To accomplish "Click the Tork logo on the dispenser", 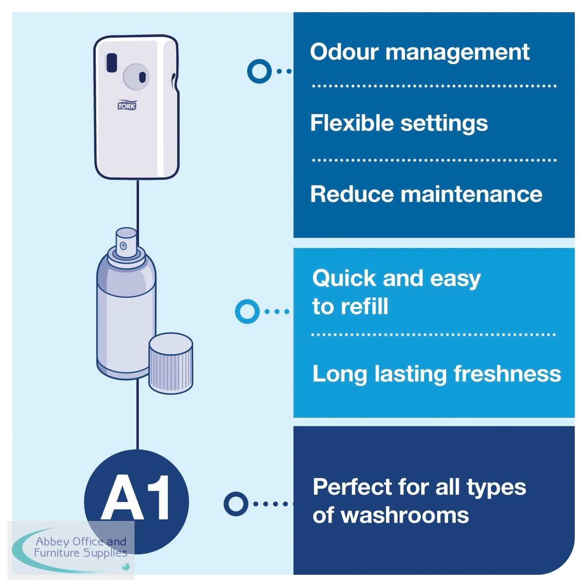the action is click(x=127, y=105).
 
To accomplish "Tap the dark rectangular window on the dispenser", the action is click(x=112, y=63).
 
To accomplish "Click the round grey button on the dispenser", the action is click(x=136, y=77).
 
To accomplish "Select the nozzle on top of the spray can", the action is click(x=126, y=243).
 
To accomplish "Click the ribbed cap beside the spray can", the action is click(x=171, y=363).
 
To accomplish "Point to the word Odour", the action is click(x=344, y=52).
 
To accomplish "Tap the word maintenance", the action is click(x=471, y=194).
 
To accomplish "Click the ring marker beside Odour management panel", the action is click(x=259, y=71).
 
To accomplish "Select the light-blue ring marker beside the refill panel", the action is click(x=247, y=311).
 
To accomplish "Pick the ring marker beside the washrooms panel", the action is click(x=236, y=504).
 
